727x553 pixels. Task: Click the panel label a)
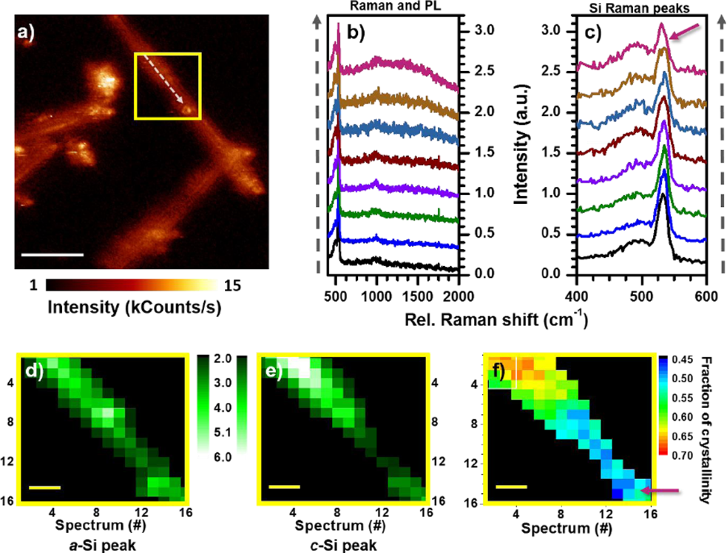35,33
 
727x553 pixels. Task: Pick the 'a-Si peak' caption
92,544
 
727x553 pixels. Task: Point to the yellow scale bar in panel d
44,488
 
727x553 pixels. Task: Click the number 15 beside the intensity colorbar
234,285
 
